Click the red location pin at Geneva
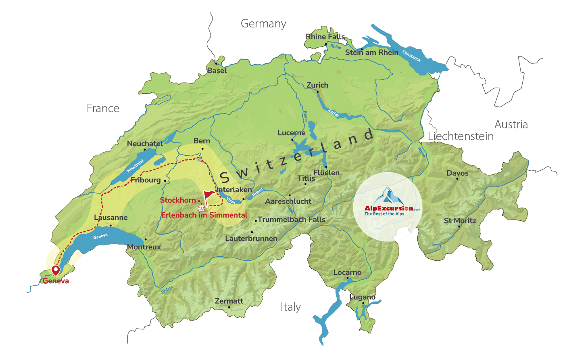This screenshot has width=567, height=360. click(56, 270)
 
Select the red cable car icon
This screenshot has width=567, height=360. click(201, 208)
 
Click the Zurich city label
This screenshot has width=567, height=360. click(317, 85)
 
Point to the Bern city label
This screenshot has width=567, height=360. click(202, 141)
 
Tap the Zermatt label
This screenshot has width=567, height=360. click(229, 301)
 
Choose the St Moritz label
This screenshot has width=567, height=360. click(460, 221)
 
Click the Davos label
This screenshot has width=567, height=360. click(457, 173)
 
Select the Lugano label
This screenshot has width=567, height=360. click(362, 297)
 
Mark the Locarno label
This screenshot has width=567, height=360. click(347, 272)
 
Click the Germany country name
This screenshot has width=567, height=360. click(263, 24)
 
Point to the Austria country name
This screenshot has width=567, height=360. click(511, 124)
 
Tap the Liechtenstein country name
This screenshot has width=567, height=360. click(461, 136)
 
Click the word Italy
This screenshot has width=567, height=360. click(290, 307)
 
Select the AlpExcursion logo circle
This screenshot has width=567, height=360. click(388, 207)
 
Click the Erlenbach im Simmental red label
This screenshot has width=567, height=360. click(204, 215)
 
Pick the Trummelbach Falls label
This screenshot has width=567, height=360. click(291, 220)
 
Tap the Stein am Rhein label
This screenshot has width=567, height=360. click(371, 52)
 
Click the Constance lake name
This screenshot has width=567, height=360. click(411, 56)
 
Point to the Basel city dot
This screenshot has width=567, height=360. click(216, 64)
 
